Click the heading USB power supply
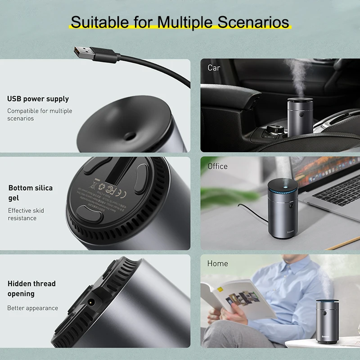pyautogui.click(x=38, y=99)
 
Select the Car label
pyautogui.click(x=214, y=68)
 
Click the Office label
pyautogui.click(x=217, y=166)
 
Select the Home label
pyautogui.click(x=217, y=263)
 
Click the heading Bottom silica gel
pyautogui.click(x=31, y=193)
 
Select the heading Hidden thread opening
pyautogui.click(x=31, y=288)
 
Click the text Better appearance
pyautogui.click(x=32, y=308)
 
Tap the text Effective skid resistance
pyautogui.click(x=26, y=214)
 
